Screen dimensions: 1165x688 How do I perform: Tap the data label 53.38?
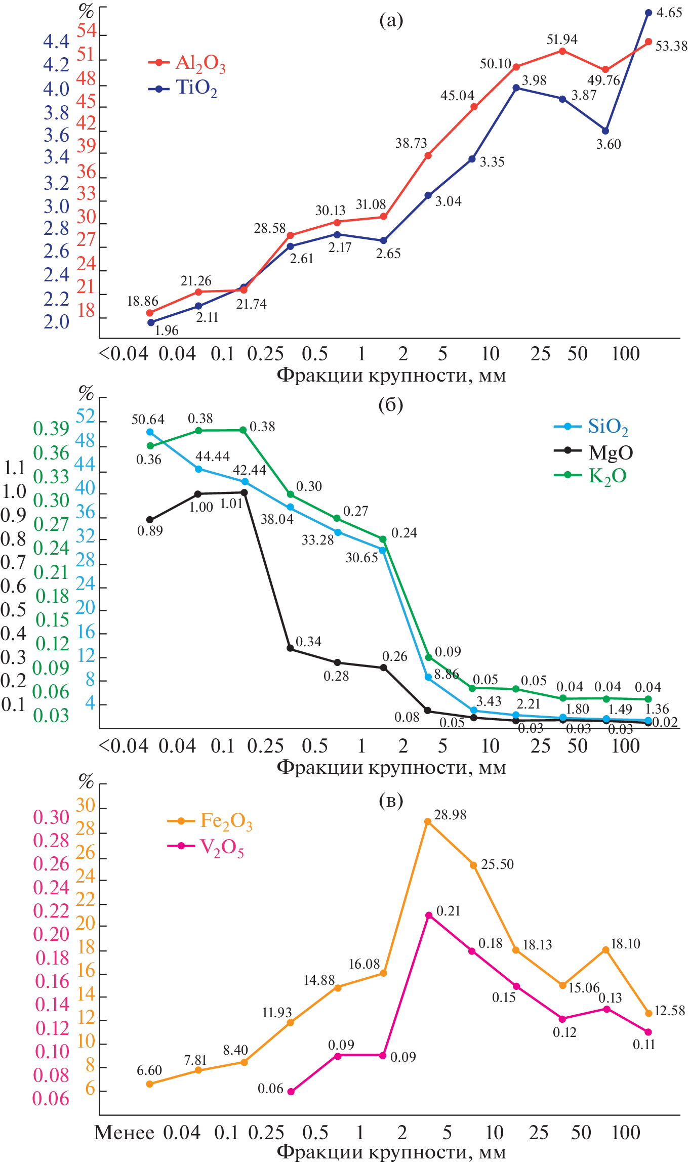(x=671, y=46)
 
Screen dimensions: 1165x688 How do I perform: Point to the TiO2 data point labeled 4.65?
(x=649, y=13)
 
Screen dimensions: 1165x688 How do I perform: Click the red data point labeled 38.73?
(x=428, y=155)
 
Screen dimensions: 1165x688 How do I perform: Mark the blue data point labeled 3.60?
(x=605, y=131)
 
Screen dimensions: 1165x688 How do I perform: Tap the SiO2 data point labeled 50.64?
(x=150, y=432)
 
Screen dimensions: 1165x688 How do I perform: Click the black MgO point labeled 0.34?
(x=291, y=648)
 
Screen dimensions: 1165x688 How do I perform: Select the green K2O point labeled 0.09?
(x=428, y=657)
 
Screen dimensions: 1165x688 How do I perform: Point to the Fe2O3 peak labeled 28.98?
(x=428, y=821)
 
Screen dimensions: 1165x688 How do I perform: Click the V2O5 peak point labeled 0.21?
(x=429, y=915)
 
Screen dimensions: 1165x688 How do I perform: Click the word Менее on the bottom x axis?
(x=124, y=1133)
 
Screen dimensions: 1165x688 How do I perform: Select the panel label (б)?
(x=391, y=404)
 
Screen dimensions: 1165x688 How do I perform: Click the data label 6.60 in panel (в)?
(x=149, y=1070)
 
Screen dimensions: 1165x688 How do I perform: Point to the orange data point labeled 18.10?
(x=605, y=950)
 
